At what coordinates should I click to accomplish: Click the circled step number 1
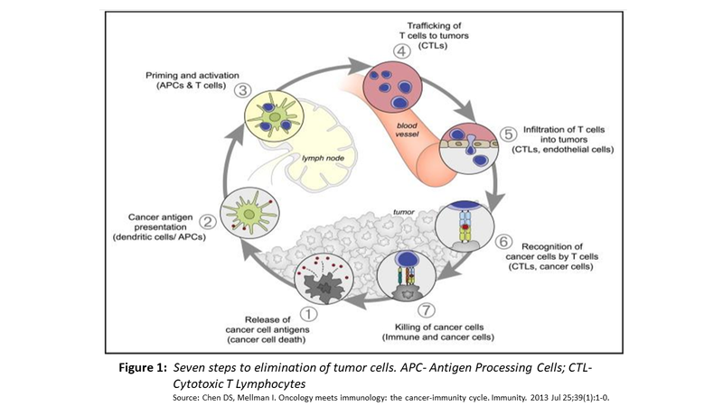pyautogui.click(x=306, y=315)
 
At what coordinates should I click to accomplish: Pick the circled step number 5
pyautogui.click(x=508, y=134)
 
